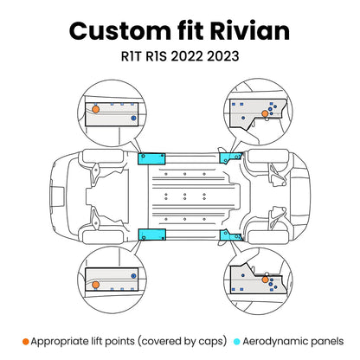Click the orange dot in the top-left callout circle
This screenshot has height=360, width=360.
click(96, 111)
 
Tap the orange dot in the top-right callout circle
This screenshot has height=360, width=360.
click(262, 113)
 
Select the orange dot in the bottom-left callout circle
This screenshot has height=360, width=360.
click(96, 282)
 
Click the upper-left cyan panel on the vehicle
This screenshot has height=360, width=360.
click(153, 160)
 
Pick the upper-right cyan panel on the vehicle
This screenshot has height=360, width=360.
click(231, 157)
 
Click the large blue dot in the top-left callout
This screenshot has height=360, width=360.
click(132, 117)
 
